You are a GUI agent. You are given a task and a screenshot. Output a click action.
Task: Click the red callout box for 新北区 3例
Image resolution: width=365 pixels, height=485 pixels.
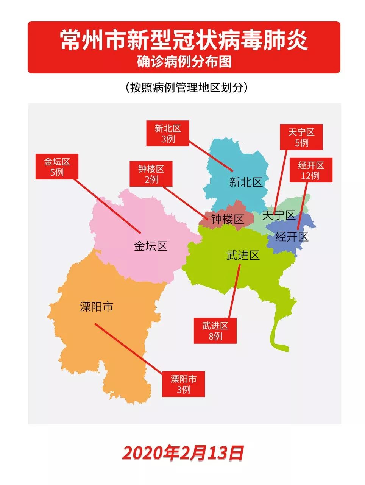(x=167, y=134)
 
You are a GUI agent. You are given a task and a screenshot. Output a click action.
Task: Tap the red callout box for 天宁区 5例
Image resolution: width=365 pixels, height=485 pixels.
(x=301, y=137)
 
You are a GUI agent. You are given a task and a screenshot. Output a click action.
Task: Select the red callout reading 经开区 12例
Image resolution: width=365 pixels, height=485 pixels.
(x=310, y=170)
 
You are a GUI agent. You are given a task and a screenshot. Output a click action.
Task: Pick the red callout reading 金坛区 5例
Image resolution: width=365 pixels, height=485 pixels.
(x=57, y=167)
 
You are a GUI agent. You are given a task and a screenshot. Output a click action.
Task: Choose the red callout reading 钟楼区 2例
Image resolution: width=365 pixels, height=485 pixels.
(x=151, y=174)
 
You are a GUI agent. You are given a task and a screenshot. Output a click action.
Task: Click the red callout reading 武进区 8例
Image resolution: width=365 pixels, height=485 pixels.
(x=215, y=331)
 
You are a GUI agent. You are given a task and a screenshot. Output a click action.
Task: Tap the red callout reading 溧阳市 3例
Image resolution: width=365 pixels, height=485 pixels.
(x=183, y=384)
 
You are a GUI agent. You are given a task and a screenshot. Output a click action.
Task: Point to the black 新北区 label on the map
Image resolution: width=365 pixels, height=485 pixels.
(x=246, y=182)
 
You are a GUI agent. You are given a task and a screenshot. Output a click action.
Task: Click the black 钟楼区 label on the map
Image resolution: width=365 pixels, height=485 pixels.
(x=227, y=219)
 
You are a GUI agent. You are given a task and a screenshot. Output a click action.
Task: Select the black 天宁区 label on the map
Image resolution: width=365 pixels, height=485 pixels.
(x=279, y=215)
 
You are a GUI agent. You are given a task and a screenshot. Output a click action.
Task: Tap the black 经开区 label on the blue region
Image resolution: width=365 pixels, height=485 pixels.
(x=292, y=237)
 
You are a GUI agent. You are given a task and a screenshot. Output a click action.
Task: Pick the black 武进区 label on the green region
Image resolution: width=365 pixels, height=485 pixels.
(x=243, y=255)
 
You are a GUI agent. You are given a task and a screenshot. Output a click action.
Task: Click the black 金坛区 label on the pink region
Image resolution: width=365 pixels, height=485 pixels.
(x=150, y=246)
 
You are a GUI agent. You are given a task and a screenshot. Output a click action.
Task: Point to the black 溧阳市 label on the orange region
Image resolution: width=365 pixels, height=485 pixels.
(x=97, y=306)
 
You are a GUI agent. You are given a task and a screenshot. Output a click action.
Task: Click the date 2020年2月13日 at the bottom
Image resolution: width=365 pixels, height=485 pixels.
(x=183, y=453)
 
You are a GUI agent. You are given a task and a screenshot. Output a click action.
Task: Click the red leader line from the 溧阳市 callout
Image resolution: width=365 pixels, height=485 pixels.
(x=129, y=348)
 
